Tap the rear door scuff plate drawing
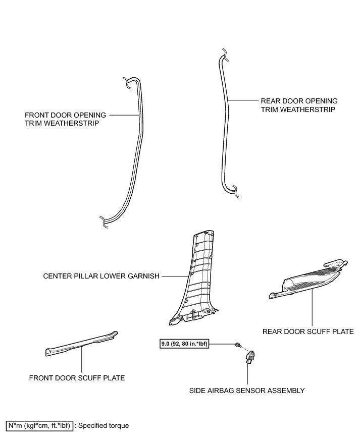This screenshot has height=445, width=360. (308, 283)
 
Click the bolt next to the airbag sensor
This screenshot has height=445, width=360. (237, 345)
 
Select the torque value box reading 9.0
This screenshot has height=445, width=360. (183, 345)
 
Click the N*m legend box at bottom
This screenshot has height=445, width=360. (39, 425)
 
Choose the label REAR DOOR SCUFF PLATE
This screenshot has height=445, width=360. (308, 331)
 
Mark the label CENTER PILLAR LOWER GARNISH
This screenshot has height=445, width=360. (101, 276)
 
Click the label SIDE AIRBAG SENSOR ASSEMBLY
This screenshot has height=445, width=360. (247, 390)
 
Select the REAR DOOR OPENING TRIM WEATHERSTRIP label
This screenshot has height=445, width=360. (299, 105)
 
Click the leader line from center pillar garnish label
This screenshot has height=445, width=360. (174, 276)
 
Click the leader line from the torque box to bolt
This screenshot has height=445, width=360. (222, 345)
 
